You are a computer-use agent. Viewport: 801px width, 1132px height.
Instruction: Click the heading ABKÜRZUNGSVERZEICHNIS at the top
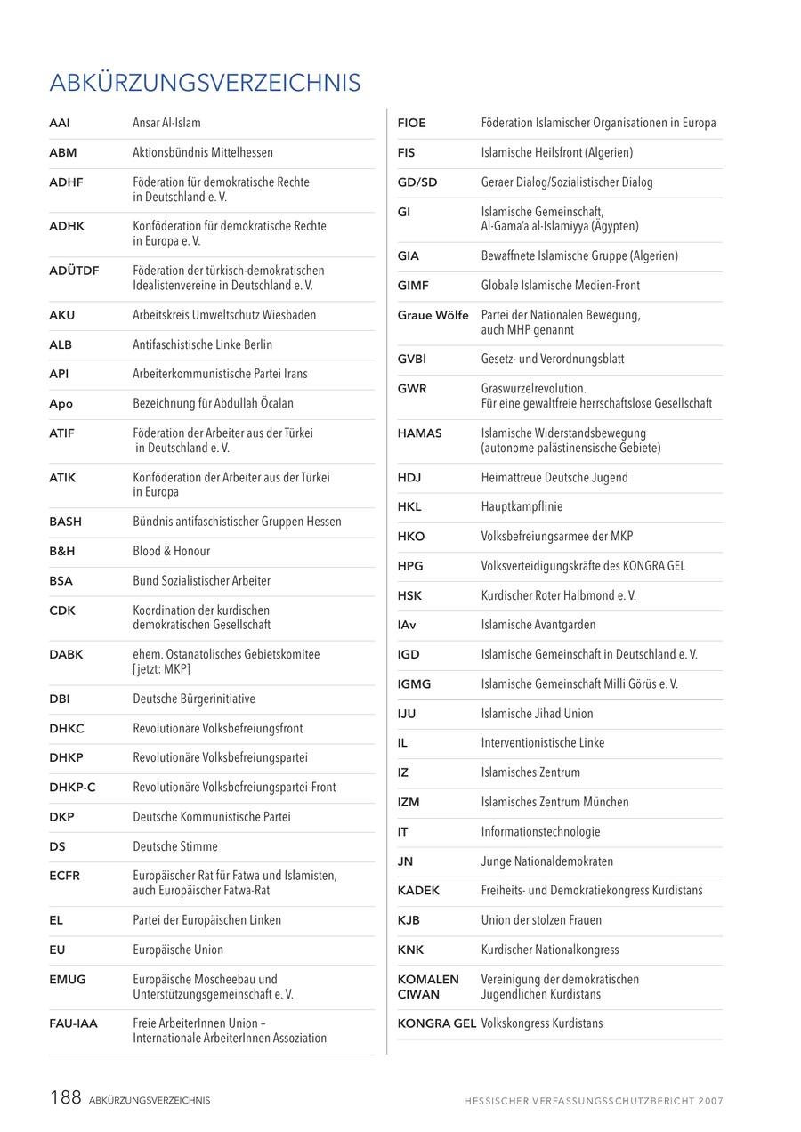click(x=205, y=83)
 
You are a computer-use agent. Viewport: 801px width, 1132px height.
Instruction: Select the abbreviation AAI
click(x=60, y=123)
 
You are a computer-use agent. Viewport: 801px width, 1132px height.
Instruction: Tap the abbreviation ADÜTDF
click(x=74, y=271)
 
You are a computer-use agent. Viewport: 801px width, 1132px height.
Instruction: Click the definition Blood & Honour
click(x=172, y=551)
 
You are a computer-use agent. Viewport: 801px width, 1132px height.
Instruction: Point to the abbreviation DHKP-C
click(x=72, y=788)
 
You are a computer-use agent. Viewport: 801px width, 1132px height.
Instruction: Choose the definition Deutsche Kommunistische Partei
click(x=212, y=817)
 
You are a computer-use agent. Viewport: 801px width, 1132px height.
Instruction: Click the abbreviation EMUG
click(x=68, y=980)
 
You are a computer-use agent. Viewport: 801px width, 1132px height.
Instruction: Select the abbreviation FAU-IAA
click(x=73, y=1024)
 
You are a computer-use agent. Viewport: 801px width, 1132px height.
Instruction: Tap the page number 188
click(x=66, y=1097)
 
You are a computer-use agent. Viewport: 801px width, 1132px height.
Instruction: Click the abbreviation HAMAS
click(x=420, y=433)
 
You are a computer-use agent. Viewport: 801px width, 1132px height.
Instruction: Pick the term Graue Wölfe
click(x=433, y=315)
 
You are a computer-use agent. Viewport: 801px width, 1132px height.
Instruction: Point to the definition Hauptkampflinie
click(x=522, y=507)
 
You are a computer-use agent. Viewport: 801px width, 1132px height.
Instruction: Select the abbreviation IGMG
click(x=414, y=684)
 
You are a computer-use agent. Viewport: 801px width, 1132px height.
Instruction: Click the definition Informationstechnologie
click(x=540, y=832)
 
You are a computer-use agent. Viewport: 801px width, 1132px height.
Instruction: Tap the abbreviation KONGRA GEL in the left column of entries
click(x=436, y=1024)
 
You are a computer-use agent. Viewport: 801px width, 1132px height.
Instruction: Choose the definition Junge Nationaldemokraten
click(x=546, y=861)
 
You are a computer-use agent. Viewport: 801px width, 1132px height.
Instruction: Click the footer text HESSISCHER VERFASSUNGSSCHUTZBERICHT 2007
click(x=594, y=1101)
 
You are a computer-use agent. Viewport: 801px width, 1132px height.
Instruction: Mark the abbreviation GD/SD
click(x=417, y=182)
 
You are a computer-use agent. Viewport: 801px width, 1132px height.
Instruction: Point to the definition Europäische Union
click(x=178, y=950)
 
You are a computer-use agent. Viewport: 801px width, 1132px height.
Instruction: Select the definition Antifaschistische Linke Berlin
click(x=203, y=344)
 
